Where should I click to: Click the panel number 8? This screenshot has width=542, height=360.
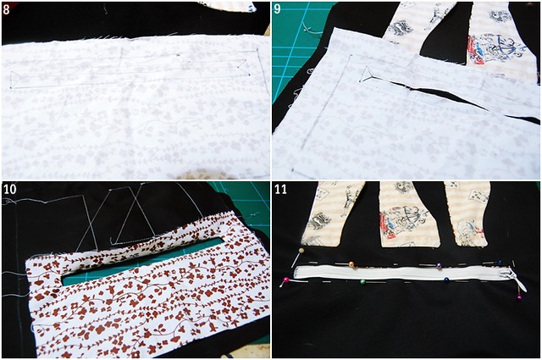[6, 9]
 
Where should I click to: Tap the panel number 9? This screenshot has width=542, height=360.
[277, 9]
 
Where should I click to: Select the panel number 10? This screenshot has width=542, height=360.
[9, 189]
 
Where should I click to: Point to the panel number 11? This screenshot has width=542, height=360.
[280, 189]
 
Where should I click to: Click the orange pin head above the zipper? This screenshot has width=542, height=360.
[351, 264]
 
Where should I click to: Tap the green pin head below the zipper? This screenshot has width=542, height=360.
[362, 282]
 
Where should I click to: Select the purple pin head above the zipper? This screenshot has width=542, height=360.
[439, 266]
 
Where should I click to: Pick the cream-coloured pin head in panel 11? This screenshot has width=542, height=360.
[301, 250]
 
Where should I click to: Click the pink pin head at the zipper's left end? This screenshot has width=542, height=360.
[286, 280]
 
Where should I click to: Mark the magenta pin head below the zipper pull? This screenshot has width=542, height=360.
[519, 298]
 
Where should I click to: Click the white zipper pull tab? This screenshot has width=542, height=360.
[519, 282]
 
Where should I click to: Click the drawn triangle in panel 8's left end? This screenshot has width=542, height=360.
[15, 80]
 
